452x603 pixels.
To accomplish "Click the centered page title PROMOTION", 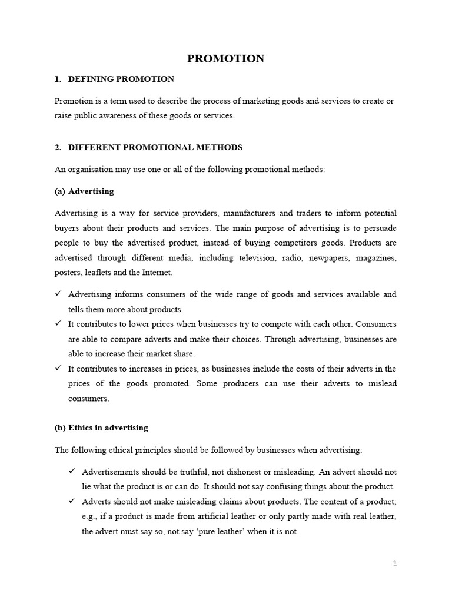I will click(x=225, y=58).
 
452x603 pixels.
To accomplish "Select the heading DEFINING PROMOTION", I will click(x=121, y=79).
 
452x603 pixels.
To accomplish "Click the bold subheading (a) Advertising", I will click(x=84, y=191).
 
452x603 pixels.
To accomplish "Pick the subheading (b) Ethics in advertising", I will click(x=101, y=428).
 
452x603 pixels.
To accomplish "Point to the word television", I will click(x=257, y=258).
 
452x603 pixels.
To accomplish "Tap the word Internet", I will click(x=158, y=273).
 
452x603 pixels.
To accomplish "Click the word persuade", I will click(x=381, y=227).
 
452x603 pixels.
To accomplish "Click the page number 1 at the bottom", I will click(x=395, y=563).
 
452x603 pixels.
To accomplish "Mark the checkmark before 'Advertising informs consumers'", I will click(x=58, y=294).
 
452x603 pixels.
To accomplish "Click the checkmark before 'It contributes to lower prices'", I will click(x=58, y=324).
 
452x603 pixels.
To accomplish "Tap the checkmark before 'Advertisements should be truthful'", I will click(x=72, y=472).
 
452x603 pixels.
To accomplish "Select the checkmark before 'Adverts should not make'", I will click(x=72, y=501).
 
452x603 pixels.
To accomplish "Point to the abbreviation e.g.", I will click(x=91, y=517).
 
